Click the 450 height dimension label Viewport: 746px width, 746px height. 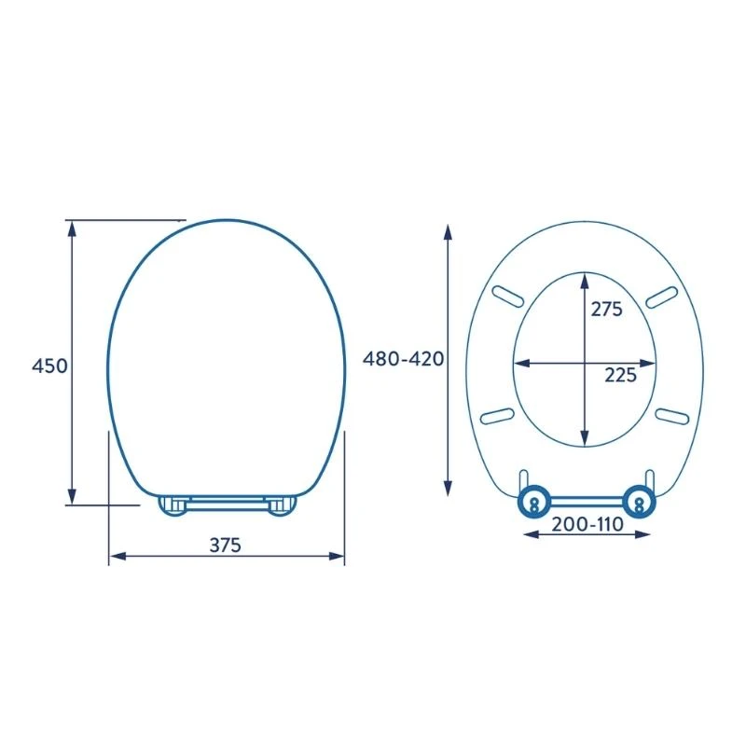(x=50, y=366)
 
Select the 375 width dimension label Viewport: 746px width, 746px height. (x=224, y=546)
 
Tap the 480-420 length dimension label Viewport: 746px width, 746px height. (x=403, y=359)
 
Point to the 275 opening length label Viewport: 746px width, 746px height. (x=606, y=309)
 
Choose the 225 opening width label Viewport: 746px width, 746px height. (x=620, y=375)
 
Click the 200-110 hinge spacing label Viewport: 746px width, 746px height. (x=587, y=524)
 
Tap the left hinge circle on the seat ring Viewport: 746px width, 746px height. (x=533, y=501)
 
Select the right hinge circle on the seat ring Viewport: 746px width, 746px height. (x=640, y=501)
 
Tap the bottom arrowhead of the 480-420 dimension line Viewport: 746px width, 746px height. (x=448, y=489)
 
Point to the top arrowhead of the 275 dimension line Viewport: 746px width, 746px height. (x=585, y=278)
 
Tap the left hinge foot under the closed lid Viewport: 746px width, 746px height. (x=173, y=506)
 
